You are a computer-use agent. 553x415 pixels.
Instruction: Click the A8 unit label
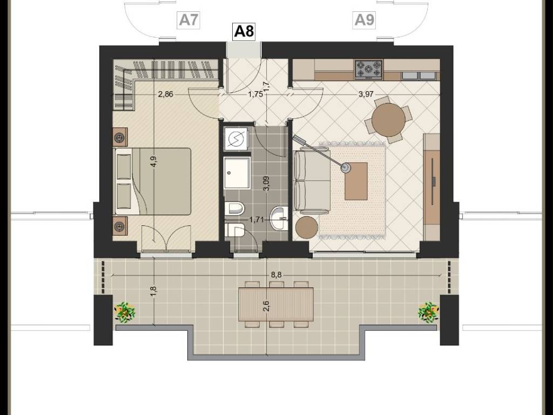[x=244, y=31]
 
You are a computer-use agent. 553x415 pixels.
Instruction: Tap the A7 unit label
[x=189, y=20]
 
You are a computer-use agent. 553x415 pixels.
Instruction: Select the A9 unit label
[x=364, y=20]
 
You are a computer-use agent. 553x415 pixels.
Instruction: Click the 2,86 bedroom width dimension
[x=165, y=94]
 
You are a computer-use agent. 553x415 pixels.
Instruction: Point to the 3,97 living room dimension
[x=366, y=94]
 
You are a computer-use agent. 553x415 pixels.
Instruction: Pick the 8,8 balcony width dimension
[x=277, y=275]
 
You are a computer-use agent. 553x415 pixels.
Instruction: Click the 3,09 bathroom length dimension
[x=266, y=184]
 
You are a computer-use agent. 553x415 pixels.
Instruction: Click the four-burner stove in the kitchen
[x=368, y=69]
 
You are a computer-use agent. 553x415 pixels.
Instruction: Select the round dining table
[x=388, y=119]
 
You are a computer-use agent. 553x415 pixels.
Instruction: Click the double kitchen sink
[x=419, y=76]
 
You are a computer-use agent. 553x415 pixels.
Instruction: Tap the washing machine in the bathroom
[x=235, y=139]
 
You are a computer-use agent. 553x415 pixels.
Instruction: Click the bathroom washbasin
[x=279, y=218]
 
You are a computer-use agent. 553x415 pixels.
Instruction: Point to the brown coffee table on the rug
[x=356, y=181]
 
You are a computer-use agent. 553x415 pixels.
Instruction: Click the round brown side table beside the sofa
[x=307, y=227]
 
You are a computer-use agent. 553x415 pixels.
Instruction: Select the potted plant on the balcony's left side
[x=125, y=312]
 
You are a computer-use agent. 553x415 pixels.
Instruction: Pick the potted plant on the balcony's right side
[x=428, y=312]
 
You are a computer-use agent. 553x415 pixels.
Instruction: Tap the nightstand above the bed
[x=120, y=137]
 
